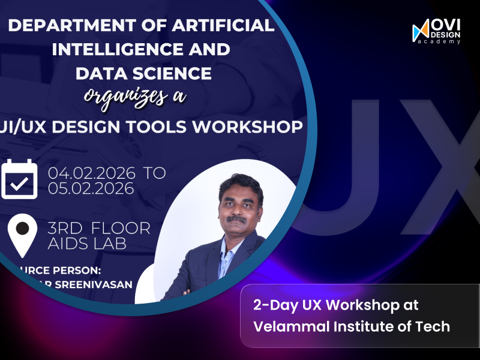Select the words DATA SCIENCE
coord(143,73)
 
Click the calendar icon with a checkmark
coord(19,179)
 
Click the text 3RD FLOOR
coord(99,229)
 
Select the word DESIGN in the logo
coord(446,34)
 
